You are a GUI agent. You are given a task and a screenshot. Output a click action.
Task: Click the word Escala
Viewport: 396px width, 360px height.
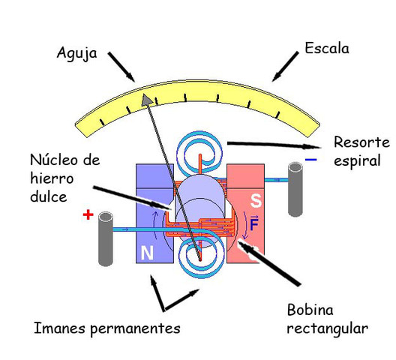pos(326,49)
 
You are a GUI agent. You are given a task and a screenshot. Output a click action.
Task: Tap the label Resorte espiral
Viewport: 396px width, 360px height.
pos(361,151)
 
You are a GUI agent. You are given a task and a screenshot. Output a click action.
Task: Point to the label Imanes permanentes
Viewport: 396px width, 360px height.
pos(107,328)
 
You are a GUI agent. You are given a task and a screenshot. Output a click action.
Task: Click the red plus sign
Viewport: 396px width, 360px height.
pos(88,215)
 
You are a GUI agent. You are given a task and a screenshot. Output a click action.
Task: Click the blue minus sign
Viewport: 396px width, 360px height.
pos(311,160)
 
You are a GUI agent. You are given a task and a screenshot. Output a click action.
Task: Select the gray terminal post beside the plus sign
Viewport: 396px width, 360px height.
pos(106,238)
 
